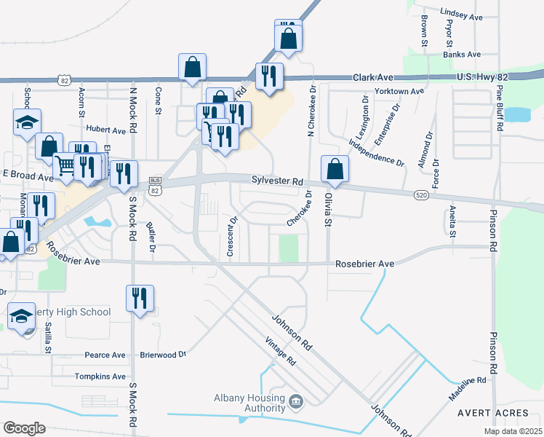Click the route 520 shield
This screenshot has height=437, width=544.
click(x=421, y=194)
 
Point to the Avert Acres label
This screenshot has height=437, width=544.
click(x=493, y=412)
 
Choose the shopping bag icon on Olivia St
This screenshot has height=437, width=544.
click(x=335, y=170)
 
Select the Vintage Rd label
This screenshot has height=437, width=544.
click(x=280, y=351)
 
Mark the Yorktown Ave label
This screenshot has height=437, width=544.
click(x=399, y=92)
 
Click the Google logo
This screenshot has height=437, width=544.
click(x=24, y=428)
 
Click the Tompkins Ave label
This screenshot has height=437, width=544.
click(x=100, y=377)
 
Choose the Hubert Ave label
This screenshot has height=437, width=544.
click(x=105, y=130)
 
